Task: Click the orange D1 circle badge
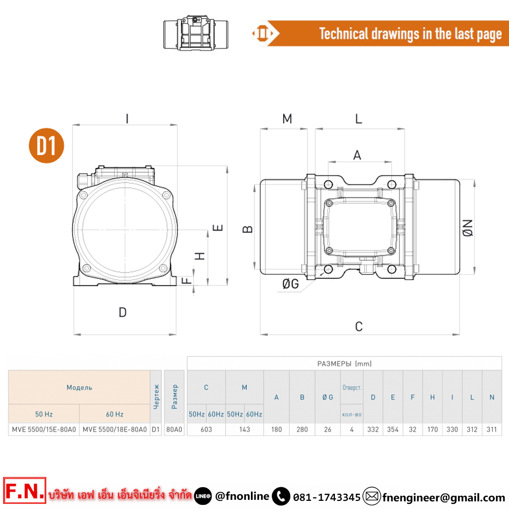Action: coord(46,146)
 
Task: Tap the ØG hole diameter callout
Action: coord(291,284)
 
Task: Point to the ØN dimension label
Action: coord(468,228)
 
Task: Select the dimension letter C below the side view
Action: coord(359,327)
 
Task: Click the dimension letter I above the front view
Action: coord(127,119)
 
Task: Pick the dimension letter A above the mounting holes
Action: coord(357,155)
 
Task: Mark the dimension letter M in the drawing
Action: coord(287,119)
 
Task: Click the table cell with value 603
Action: coord(206,430)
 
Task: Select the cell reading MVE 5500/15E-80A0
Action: coord(44,430)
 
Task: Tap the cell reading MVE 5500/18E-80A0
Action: coord(115,430)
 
